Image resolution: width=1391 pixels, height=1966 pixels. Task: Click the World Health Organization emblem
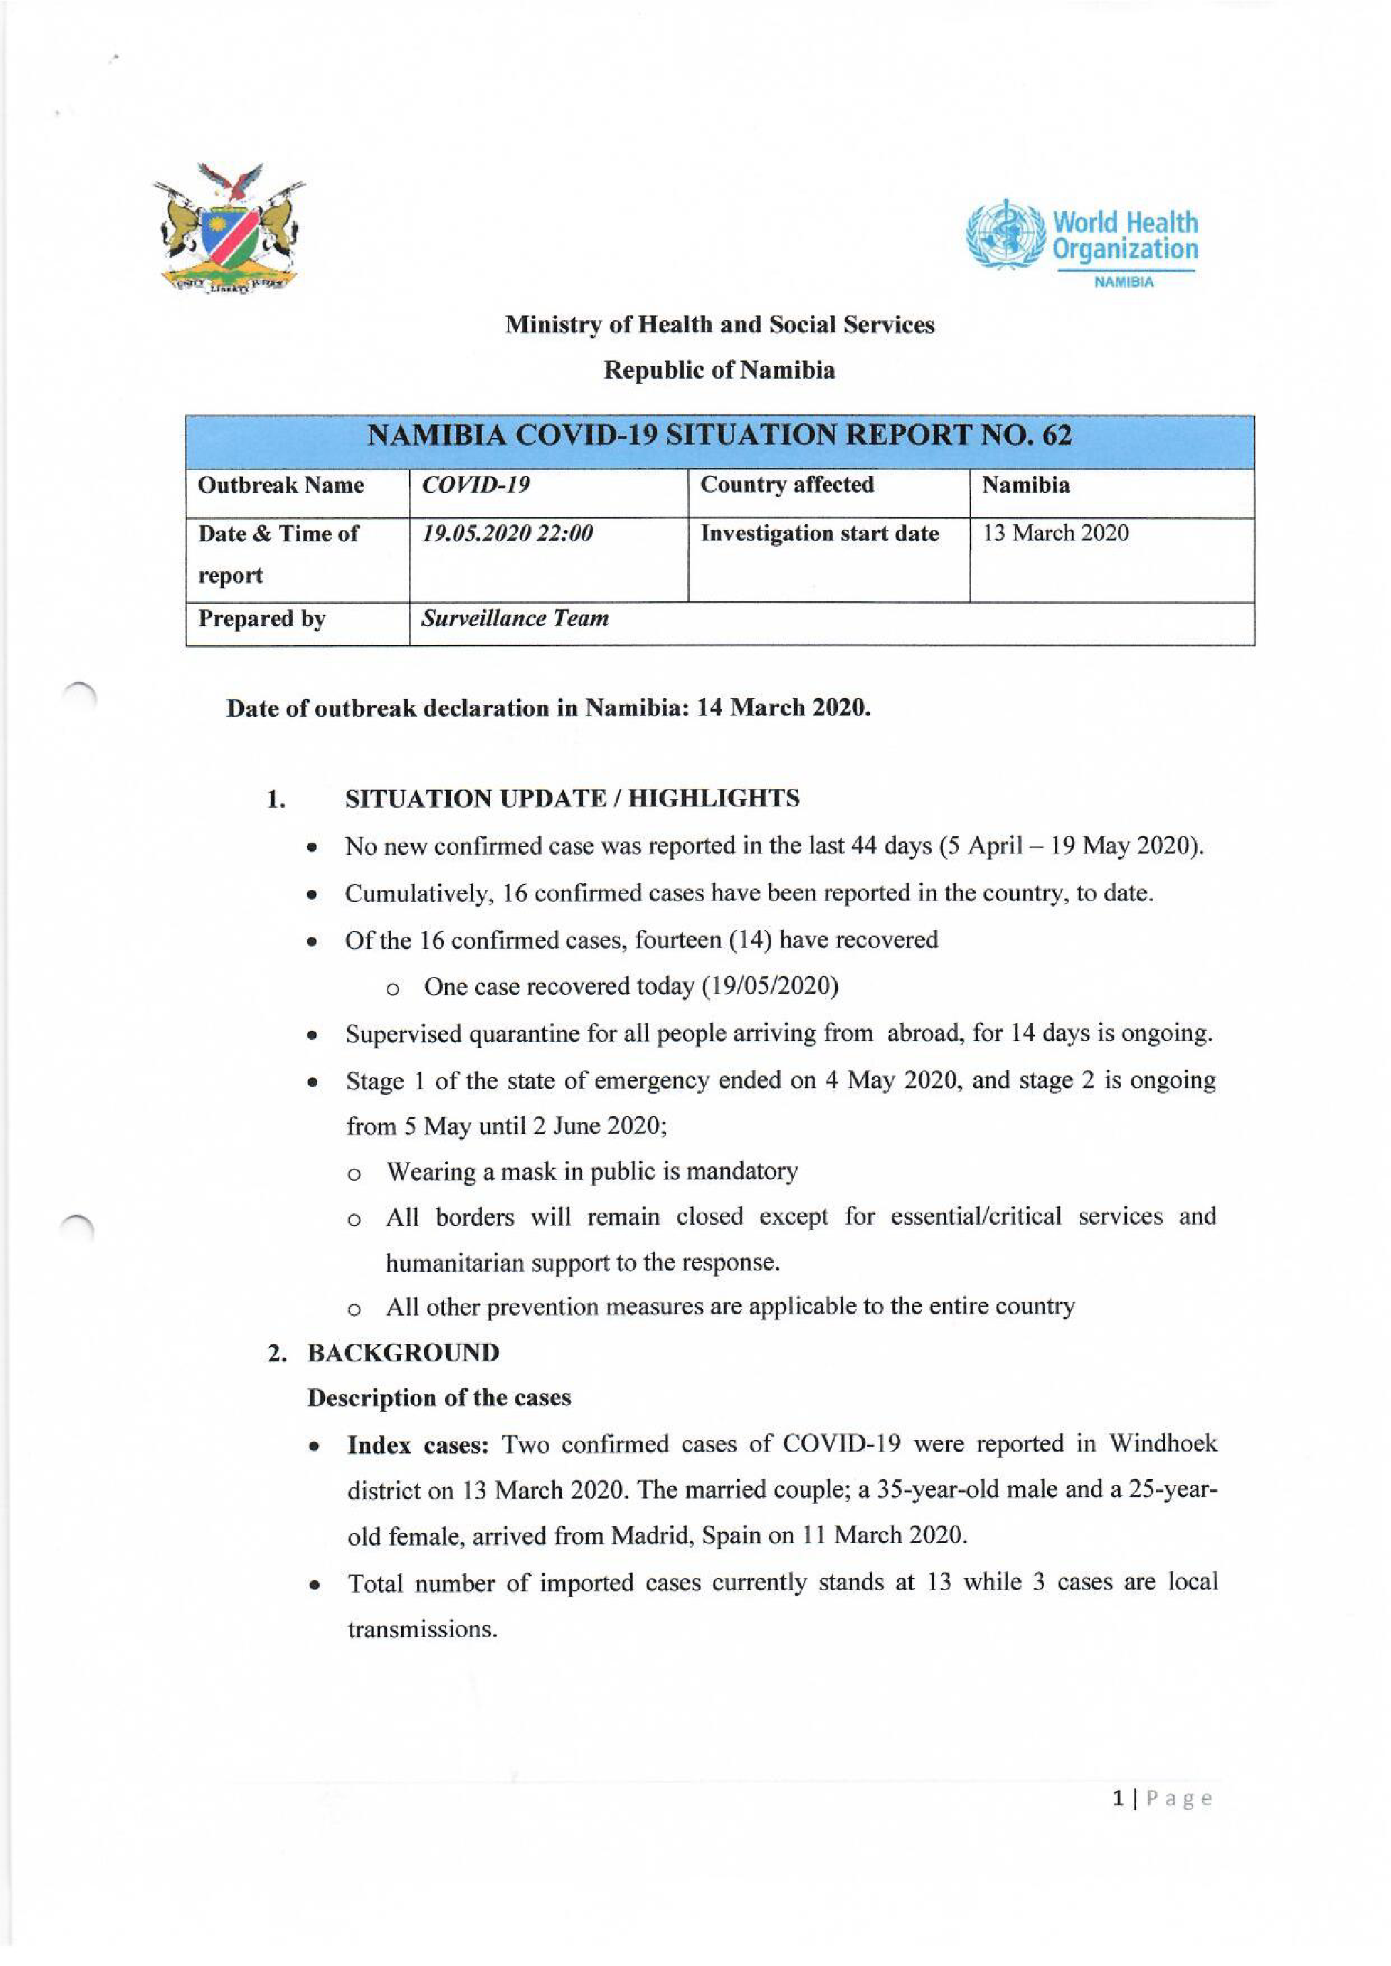(1005, 235)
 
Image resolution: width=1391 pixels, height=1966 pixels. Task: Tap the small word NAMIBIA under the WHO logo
(1124, 282)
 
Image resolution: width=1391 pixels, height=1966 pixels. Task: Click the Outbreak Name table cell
(281, 486)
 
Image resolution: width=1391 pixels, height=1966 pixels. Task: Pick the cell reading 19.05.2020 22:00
(507, 533)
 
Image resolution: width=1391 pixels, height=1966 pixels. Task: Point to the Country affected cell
(787, 486)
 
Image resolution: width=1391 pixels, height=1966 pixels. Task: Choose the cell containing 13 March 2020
(1055, 533)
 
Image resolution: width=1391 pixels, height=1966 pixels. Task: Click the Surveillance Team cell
(515, 618)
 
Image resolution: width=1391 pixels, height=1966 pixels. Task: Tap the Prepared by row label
(262, 618)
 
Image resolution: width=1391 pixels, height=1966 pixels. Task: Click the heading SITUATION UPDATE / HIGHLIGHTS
(572, 799)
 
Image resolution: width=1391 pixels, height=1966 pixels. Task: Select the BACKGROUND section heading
(403, 1353)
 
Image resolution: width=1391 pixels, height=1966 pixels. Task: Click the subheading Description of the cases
(439, 1398)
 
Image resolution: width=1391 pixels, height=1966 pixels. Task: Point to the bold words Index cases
(417, 1445)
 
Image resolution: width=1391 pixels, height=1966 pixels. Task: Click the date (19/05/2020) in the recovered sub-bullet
(769, 987)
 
